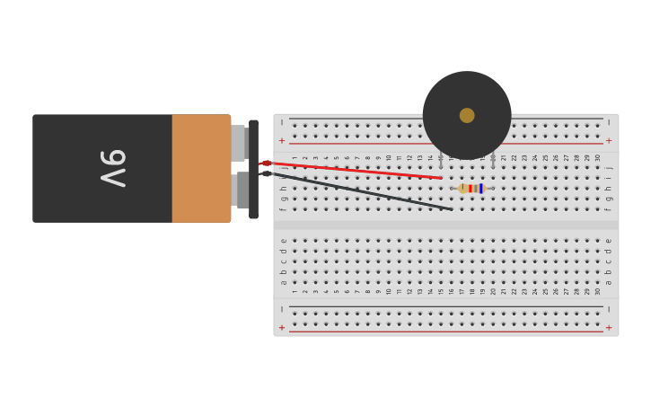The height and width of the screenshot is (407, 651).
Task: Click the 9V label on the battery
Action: (113, 168)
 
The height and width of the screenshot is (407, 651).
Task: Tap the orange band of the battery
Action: (201, 168)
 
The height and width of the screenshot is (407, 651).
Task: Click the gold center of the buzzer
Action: (467, 115)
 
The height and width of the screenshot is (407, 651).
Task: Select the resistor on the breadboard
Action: (471, 189)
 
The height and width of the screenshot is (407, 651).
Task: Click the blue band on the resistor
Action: (481, 189)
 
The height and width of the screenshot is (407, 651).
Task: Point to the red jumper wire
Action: (359, 171)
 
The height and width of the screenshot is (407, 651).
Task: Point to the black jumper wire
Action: (359, 190)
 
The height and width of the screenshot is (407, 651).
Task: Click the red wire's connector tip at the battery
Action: (266, 164)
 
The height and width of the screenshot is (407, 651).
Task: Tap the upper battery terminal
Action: (239, 143)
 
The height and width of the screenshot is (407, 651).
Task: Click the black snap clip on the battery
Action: (253, 169)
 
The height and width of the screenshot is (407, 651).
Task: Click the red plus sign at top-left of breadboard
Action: (281, 141)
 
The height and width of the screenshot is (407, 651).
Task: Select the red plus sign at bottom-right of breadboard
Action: (609, 328)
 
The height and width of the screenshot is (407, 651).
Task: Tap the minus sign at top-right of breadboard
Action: (609, 122)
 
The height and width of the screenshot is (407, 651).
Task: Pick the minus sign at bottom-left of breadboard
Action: (281, 309)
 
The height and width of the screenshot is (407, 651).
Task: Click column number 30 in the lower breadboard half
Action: (598, 291)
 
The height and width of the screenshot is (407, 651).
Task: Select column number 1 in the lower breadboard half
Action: (295, 291)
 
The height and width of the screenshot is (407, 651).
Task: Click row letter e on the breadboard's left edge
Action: (284, 241)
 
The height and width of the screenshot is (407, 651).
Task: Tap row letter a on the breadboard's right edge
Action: (608, 282)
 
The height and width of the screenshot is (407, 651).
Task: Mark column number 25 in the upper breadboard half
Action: (545, 157)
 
